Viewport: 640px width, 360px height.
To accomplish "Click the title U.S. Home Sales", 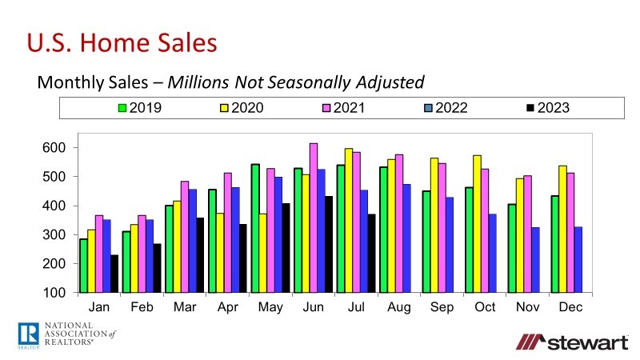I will click(x=122, y=42).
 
